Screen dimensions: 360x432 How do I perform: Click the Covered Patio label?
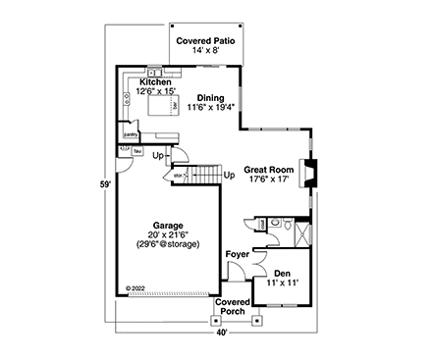pos(204,41)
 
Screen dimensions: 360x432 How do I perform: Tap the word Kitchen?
pos(155,82)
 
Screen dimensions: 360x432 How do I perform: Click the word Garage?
pos(168,224)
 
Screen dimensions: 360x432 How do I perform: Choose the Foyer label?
pos(237,254)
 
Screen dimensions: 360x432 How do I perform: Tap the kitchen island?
pos(162,103)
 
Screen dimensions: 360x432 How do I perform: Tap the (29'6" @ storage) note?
pos(168,243)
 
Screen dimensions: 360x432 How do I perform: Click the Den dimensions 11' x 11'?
pos(283,283)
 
